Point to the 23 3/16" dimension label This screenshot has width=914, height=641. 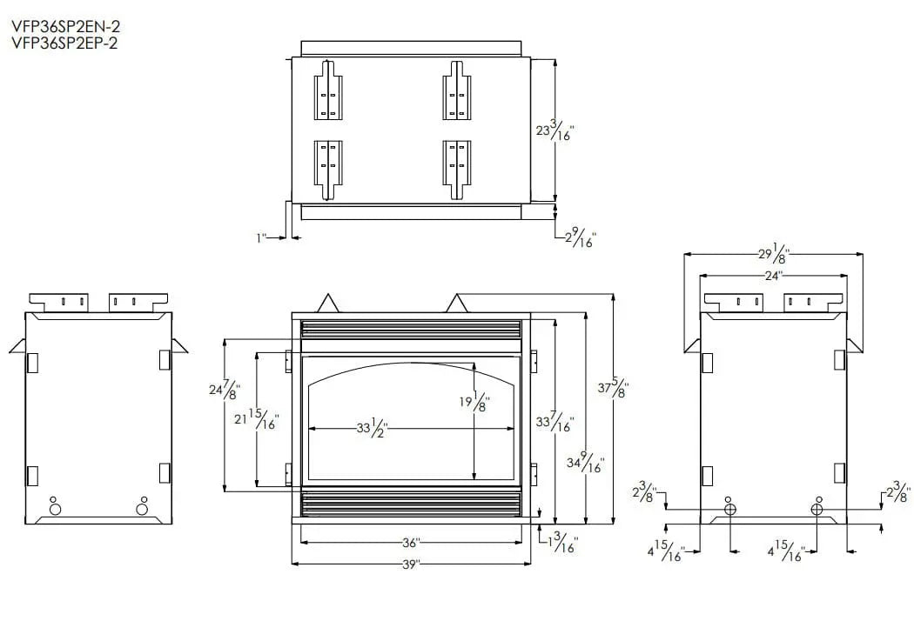(554, 131)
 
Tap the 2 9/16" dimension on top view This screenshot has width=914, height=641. (580, 237)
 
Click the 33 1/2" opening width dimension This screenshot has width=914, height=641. (373, 428)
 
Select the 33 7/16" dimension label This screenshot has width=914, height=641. (554, 421)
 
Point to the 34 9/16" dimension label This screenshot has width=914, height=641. (585, 462)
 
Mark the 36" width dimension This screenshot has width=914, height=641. (411, 543)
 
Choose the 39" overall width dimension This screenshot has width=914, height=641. (411, 564)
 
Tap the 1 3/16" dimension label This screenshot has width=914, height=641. (561, 544)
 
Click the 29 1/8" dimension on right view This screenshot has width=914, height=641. (773, 254)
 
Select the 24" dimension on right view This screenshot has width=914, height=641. (773, 275)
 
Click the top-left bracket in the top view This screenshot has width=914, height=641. (327, 90)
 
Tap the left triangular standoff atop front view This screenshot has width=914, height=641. (328, 303)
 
